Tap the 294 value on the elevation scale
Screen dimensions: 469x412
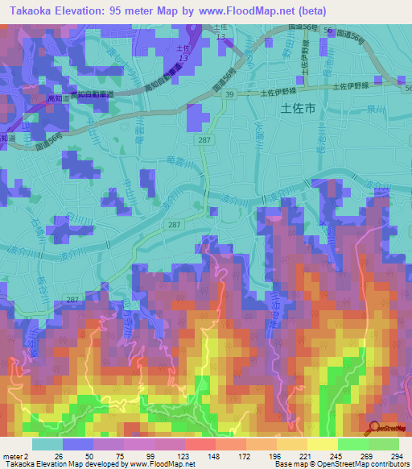pyautogui.click(x=397, y=455)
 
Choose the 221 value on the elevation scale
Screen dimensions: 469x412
pyautogui.click(x=307, y=455)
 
